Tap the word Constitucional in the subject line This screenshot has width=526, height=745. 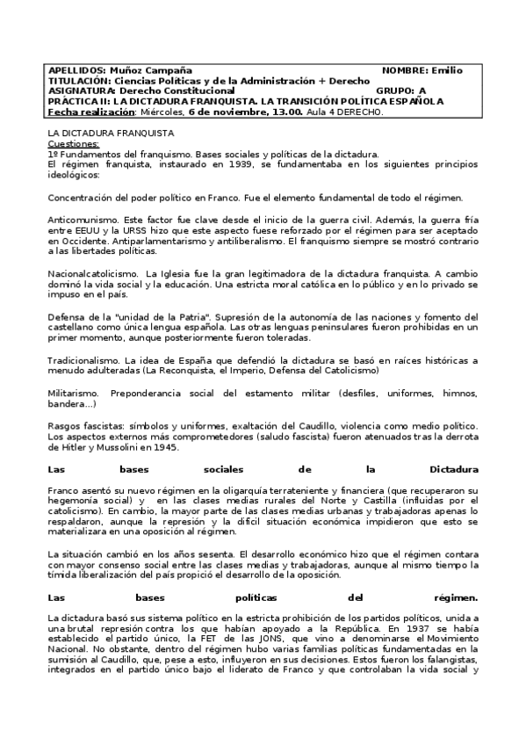(x=197, y=90)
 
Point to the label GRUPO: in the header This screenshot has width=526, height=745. (x=395, y=90)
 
